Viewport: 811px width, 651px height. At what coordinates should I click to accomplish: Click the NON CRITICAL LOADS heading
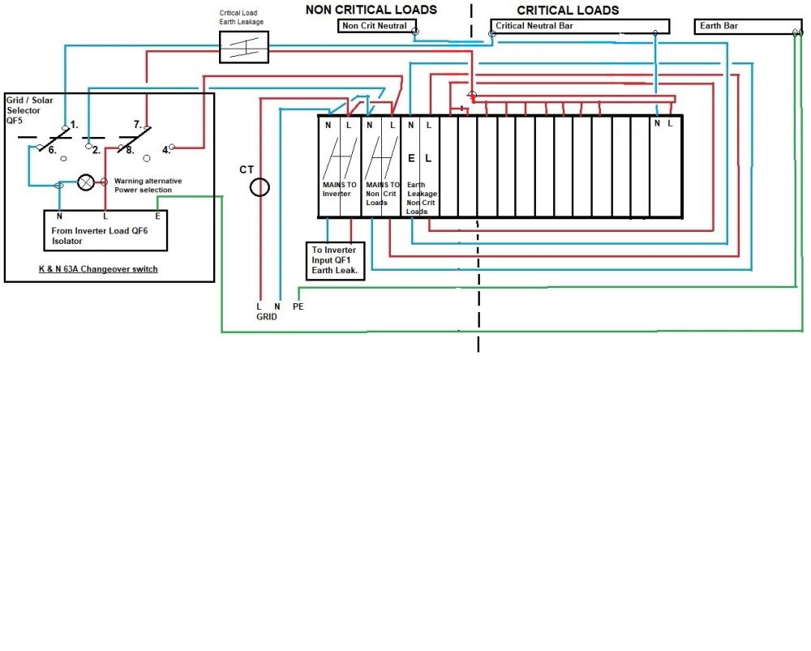pyautogui.click(x=371, y=10)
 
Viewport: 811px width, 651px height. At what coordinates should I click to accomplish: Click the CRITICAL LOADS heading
pyautogui.click(x=568, y=11)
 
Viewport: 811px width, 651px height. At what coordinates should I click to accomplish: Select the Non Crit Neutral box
pyautogui.click(x=375, y=27)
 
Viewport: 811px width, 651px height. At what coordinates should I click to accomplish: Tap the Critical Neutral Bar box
pyautogui.click(x=580, y=27)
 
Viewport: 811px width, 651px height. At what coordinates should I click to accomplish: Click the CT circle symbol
pyautogui.click(x=259, y=188)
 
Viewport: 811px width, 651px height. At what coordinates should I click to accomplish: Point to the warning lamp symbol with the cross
pyautogui.click(x=85, y=182)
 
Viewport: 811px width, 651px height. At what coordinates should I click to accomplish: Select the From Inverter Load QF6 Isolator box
pyautogui.click(x=105, y=229)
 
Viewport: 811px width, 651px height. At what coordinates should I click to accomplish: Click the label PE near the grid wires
pyautogui.click(x=298, y=307)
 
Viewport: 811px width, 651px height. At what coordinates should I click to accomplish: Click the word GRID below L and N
pyautogui.click(x=267, y=317)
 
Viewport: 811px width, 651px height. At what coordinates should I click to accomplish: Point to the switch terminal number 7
pyautogui.click(x=138, y=125)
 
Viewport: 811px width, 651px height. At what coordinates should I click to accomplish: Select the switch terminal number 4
pyautogui.click(x=165, y=150)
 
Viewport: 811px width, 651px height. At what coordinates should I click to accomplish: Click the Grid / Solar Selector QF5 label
pyautogui.click(x=28, y=109)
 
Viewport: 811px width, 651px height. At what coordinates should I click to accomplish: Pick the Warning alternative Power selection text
pyautogui.click(x=148, y=185)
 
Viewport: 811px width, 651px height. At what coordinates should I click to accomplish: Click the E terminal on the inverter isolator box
pyautogui.click(x=158, y=216)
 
